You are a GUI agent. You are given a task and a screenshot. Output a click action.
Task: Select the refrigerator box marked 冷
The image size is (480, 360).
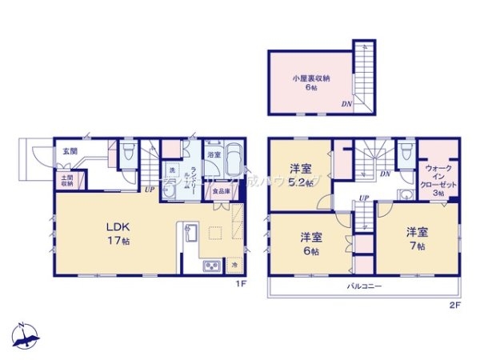click(234, 264)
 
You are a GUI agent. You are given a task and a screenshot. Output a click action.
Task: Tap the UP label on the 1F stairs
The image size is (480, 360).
click(150, 190)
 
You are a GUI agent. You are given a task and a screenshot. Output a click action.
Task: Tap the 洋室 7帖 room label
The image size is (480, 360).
click(417, 238)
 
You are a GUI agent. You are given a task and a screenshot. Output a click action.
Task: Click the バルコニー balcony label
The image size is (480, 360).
click(362, 285)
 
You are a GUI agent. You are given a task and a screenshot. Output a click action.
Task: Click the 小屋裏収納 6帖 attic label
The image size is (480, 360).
click(310, 82)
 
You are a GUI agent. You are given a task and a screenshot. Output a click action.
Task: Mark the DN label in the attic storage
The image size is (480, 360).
click(346, 104)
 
